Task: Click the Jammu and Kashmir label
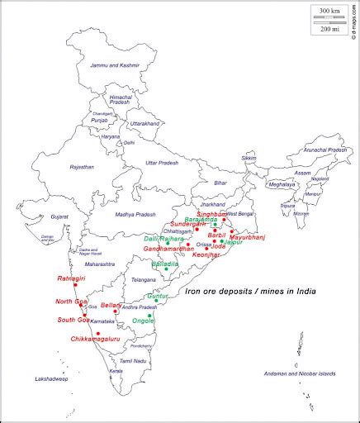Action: pyautogui.click(x=116, y=64)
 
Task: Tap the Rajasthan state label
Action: pyautogui.click(x=82, y=167)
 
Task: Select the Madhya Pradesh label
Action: pyautogui.click(x=135, y=215)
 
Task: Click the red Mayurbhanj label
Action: pyautogui.click(x=247, y=237)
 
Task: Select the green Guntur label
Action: pyautogui.click(x=157, y=296)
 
